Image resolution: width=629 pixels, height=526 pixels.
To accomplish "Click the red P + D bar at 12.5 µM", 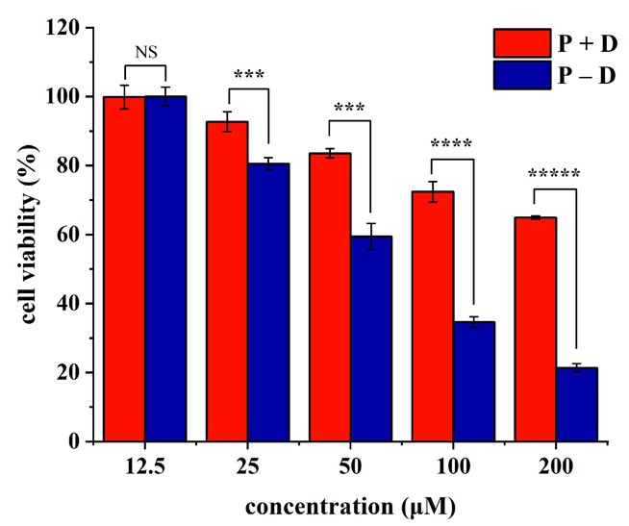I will pos(124,269).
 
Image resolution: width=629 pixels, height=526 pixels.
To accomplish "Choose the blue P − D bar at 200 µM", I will pos(577,404).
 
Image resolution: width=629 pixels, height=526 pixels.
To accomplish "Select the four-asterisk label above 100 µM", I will pos(451,145).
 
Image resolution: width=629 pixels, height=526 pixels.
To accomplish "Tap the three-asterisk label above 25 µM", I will pos(248,75).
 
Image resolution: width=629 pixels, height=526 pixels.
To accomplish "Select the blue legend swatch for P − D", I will pos(521,75).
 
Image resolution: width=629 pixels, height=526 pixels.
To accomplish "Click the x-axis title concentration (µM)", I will pos(350,505).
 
